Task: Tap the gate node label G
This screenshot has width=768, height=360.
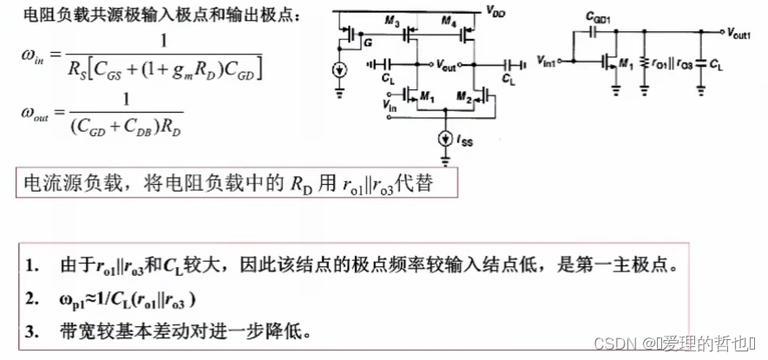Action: (x=368, y=41)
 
